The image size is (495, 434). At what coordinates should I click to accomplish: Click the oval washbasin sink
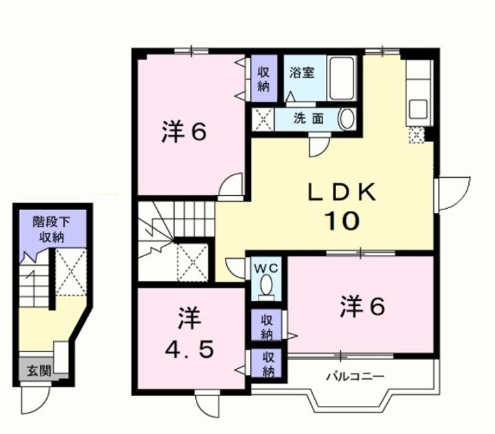point(346,118)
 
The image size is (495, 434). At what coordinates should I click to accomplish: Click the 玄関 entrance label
point(38,372)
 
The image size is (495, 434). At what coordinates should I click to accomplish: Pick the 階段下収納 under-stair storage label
point(51,229)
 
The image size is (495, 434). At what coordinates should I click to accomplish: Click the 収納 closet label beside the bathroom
point(263,78)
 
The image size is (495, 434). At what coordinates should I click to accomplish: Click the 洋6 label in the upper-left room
point(184,133)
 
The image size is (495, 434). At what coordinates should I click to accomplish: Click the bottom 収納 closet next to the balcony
point(267,364)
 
